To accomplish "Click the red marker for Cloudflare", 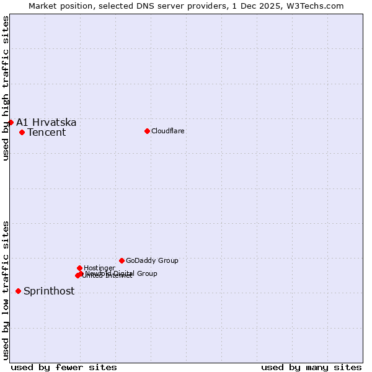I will point(147,131).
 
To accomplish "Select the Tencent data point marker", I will point(22,132).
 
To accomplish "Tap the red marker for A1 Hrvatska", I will point(11,122).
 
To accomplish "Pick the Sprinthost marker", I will point(18,291).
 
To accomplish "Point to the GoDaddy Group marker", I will point(122,260).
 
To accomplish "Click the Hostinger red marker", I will point(79,268).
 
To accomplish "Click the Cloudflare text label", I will point(167,131).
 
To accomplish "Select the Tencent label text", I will point(46,132).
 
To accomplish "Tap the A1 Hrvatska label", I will point(46,122).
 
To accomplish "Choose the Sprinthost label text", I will point(49,291).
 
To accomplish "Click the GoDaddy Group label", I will point(152,260).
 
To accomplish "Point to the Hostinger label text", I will point(99,268).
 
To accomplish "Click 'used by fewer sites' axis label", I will point(64,367).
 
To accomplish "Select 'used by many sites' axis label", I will point(311,367).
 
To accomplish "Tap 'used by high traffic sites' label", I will point(6,88).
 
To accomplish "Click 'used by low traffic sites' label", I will point(6,290).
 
